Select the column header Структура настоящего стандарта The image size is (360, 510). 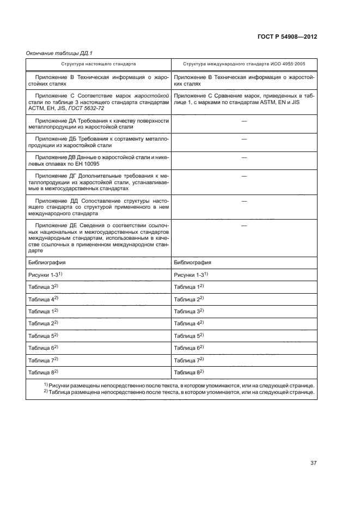[99, 64]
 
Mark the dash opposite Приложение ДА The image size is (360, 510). [243, 120]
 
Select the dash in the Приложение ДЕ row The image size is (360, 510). [243, 226]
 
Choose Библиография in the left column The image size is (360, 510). [47, 262]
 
